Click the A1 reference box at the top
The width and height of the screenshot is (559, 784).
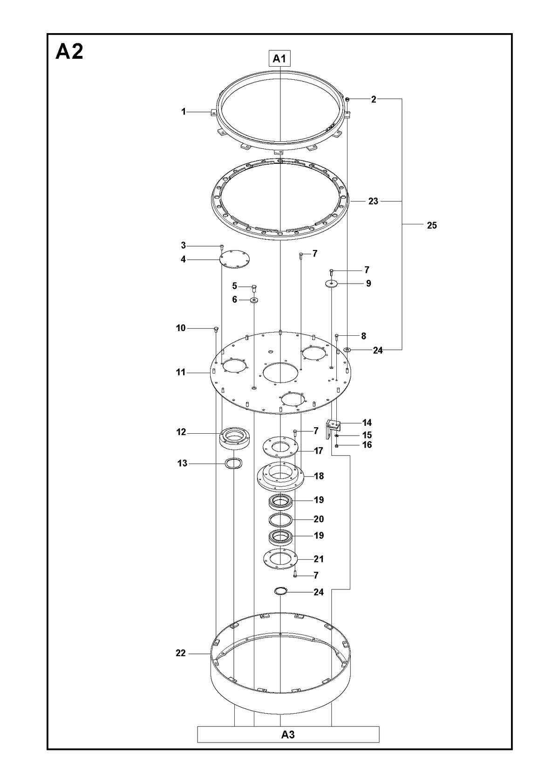tap(279, 58)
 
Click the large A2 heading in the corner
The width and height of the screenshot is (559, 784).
tap(69, 51)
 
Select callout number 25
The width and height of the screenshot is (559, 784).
tap(432, 225)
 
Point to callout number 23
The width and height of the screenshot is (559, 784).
tap(373, 201)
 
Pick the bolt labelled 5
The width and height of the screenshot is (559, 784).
tap(254, 288)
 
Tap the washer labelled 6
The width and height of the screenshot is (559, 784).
tap(254, 300)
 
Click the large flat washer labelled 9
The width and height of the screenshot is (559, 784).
tap(331, 283)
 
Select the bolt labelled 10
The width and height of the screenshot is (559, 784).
tap(216, 328)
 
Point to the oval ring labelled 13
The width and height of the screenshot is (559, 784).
tap(233, 464)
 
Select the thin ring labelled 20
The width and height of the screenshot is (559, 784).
tap(280, 520)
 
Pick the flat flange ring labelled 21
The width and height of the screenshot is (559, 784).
tap(280, 559)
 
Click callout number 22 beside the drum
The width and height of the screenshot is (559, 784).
tap(180, 653)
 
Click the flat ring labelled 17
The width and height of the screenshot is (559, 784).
tap(280, 447)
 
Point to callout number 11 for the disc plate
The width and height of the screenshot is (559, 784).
tap(180, 372)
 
